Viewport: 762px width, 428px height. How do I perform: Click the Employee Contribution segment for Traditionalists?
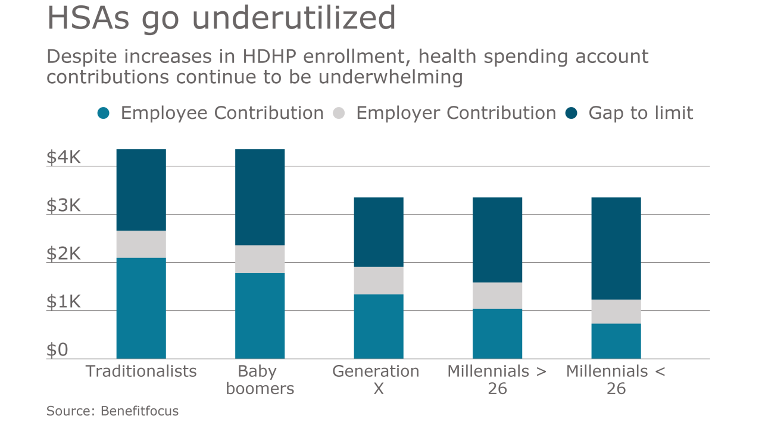(x=141, y=308)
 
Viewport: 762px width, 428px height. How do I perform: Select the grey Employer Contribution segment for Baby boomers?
(x=260, y=259)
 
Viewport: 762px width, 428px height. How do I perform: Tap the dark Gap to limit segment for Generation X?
(x=379, y=232)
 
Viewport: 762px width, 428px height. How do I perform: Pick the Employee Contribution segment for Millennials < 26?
(x=616, y=341)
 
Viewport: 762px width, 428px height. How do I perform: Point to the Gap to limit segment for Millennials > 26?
(x=497, y=240)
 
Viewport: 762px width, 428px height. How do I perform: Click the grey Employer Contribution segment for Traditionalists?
(x=141, y=244)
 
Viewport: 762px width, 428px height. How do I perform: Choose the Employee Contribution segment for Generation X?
(x=379, y=326)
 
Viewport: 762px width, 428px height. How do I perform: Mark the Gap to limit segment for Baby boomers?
(x=260, y=197)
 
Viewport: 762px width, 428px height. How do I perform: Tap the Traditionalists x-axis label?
(x=141, y=372)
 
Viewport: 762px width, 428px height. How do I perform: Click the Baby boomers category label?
(x=257, y=380)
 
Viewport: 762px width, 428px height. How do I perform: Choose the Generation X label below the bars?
(x=376, y=380)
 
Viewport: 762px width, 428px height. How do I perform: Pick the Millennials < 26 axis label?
(x=616, y=380)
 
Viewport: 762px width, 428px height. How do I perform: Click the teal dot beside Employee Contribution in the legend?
(x=104, y=113)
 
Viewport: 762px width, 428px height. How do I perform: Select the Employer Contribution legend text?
(x=456, y=113)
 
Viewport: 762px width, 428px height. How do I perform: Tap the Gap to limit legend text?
(x=641, y=113)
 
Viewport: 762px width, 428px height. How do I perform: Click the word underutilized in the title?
(x=295, y=18)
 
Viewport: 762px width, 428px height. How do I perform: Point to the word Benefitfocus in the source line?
(x=139, y=411)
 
